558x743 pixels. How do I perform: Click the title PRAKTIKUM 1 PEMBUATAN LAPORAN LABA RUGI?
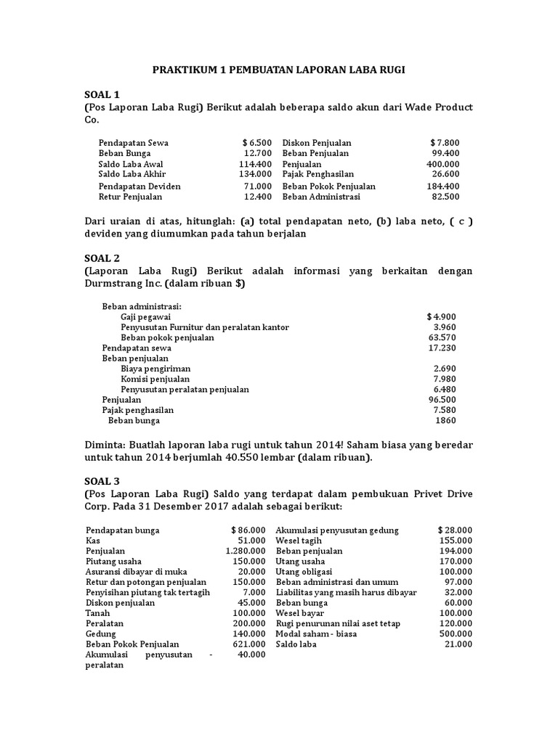279,70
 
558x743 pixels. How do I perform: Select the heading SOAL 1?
102,94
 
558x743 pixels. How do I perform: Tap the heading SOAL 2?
102,258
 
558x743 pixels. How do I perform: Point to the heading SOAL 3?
102,481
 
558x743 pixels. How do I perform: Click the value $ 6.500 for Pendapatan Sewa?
257,143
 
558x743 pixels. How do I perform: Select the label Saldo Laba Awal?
132,165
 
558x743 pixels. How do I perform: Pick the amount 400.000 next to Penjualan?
442,165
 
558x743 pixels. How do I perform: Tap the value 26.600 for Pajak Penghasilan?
445,175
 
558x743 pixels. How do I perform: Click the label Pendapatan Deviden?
139,186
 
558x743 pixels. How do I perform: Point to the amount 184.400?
442,186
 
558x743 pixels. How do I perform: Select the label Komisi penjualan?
155,379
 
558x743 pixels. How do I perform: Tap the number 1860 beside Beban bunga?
445,421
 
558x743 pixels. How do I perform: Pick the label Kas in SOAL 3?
92,541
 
